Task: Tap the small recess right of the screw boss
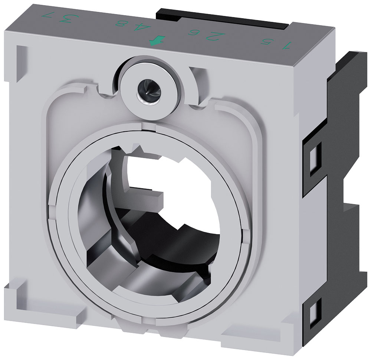197,74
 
